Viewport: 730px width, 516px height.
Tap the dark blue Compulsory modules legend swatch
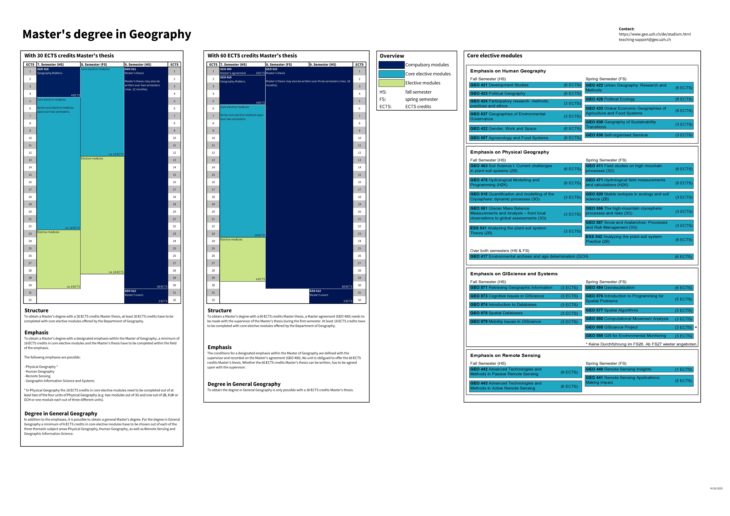point(391,65)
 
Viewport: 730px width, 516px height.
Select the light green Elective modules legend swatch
point(391,83)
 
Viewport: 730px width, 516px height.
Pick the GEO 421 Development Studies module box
point(525,85)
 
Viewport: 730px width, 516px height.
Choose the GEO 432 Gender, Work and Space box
point(525,129)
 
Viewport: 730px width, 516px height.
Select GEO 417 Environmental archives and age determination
point(581,257)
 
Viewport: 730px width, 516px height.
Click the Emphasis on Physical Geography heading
point(509,152)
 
